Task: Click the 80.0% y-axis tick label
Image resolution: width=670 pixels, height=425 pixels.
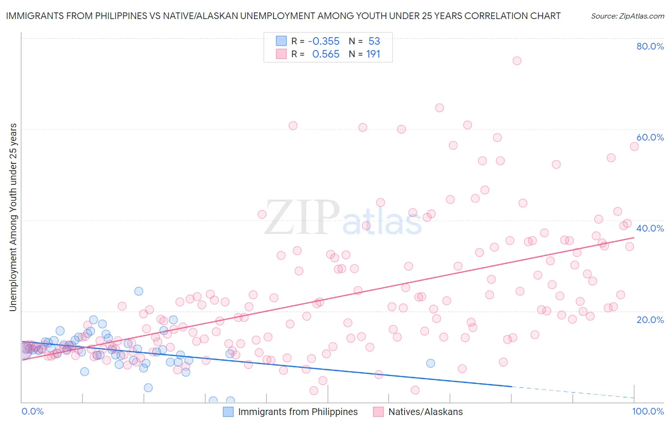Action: coord(650,46)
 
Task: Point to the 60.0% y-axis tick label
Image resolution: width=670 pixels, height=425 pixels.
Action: coord(650,137)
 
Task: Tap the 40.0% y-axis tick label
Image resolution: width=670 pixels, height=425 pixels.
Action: coord(650,228)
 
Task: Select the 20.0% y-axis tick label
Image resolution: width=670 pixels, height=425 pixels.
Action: coord(650,319)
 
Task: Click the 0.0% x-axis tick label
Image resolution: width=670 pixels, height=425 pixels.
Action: coord(32,411)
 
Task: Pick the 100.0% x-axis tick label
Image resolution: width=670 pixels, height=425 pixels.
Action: coord(648,411)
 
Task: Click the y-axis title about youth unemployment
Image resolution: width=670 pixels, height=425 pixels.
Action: coord(13,217)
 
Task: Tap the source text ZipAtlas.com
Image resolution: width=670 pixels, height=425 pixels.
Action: coord(627,16)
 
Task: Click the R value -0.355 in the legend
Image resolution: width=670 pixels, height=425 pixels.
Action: coord(324,41)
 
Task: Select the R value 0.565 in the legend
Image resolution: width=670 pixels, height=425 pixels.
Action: coord(325,54)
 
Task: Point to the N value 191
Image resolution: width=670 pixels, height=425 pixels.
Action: coord(373,54)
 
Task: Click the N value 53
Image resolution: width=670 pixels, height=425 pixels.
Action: coord(374,41)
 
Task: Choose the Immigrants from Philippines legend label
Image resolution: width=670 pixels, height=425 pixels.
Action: coord(297,412)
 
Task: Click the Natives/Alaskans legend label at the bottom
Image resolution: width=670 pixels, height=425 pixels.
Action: coord(425,412)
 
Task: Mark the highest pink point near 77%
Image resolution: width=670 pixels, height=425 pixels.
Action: coord(517,61)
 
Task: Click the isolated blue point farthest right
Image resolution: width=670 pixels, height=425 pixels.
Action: coord(430,363)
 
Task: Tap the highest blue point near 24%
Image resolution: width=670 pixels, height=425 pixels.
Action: coord(139,291)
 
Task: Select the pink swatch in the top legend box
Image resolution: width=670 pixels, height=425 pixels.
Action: coord(281,54)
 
